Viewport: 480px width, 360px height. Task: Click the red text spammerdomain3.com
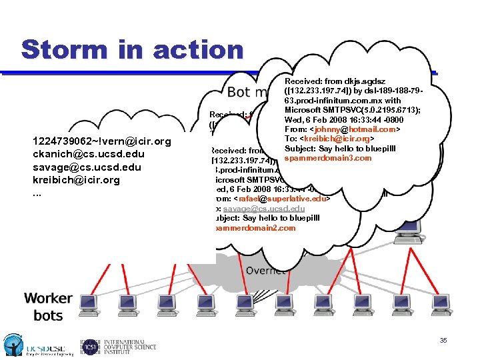pyautogui.click(x=328, y=158)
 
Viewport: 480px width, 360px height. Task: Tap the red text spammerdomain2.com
pyautogui.click(x=253, y=228)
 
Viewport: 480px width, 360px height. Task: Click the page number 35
pyautogui.click(x=443, y=341)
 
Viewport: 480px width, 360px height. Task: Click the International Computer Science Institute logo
pyautogui.click(x=119, y=345)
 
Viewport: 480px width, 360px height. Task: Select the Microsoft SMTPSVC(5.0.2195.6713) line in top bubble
pyautogui.click(x=355, y=109)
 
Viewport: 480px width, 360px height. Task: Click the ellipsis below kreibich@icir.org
pyautogui.click(x=37, y=193)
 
